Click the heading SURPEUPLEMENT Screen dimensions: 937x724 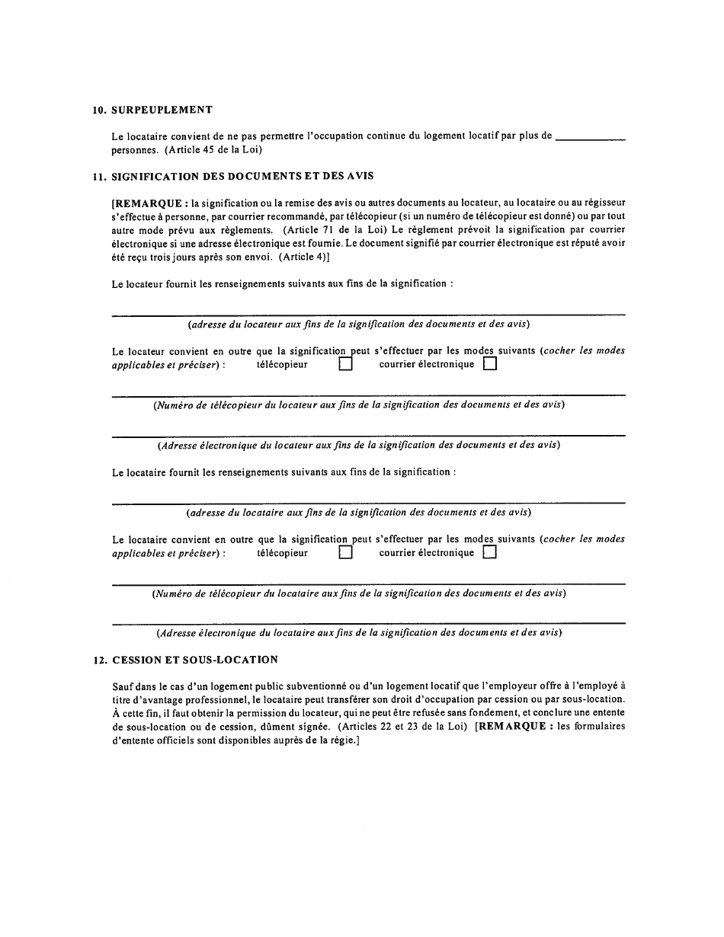tap(162, 110)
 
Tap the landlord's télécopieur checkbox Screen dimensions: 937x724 tap(345, 364)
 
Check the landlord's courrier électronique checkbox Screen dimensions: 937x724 tap(489, 364)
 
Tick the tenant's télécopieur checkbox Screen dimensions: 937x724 tap(345, 553)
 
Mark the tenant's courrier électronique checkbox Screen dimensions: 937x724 tap(489, 553)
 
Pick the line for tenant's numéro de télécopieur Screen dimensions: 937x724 tap(368, 583)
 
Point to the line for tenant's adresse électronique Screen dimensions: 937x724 tap(368, 622)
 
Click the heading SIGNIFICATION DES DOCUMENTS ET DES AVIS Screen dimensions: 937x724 tap(243, 176)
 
